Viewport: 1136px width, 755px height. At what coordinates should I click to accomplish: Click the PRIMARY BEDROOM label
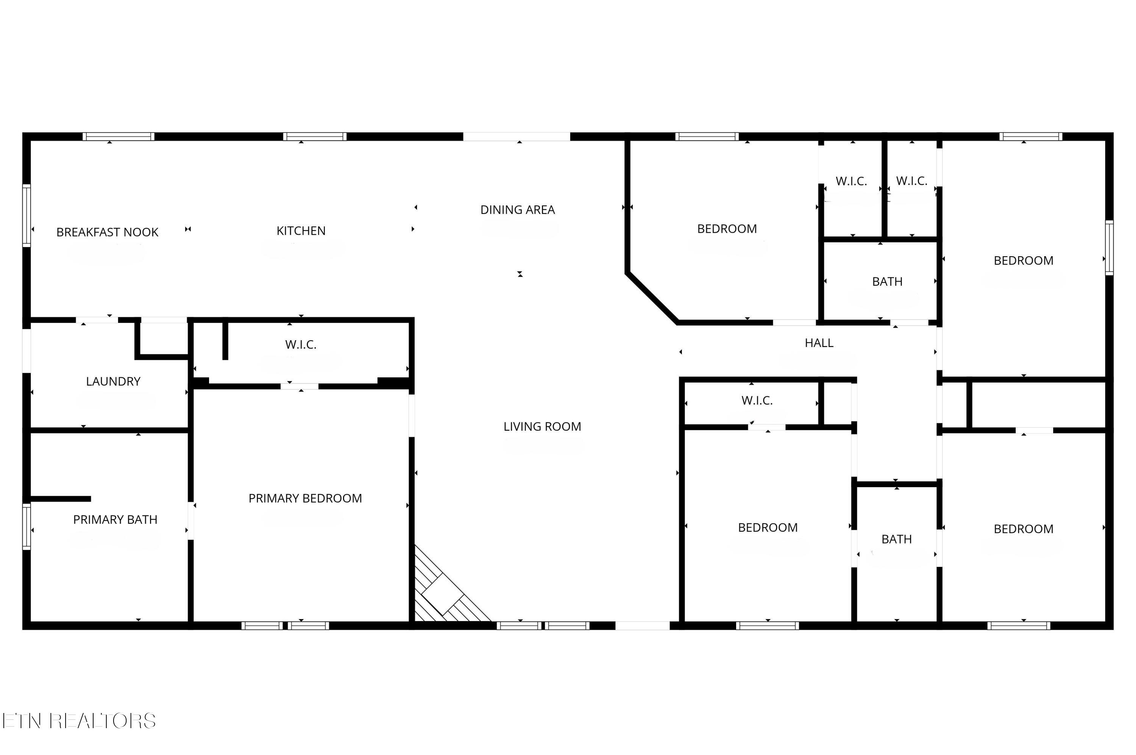305,498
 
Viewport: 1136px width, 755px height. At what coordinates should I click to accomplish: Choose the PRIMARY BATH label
115,519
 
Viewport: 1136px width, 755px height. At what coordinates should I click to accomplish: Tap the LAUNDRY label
113,381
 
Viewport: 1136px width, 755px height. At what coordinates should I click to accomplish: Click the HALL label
819,343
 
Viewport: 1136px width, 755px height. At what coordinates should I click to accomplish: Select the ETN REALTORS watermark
80,721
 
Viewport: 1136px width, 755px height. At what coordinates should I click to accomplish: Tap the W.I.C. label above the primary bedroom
301,344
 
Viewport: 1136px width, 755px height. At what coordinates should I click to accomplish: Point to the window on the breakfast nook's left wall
27,215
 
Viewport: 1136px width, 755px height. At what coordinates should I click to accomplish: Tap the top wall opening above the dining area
517,137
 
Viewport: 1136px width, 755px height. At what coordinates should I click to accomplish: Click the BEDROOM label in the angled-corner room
727,229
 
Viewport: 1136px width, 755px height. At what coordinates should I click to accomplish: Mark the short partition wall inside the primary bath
61,499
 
